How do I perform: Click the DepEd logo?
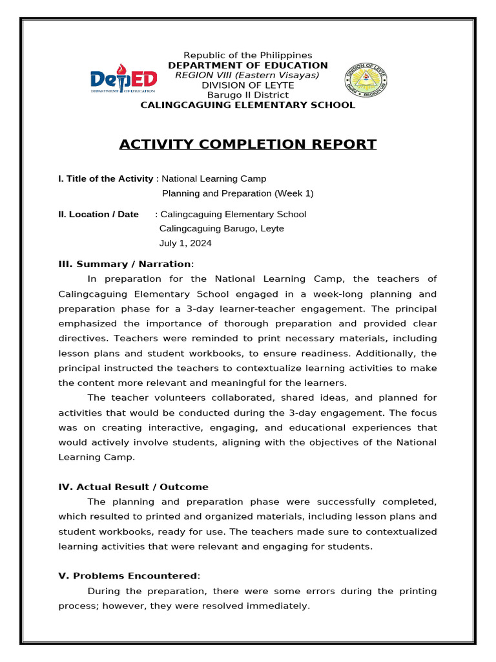pyautogui.click(x=123, y=80)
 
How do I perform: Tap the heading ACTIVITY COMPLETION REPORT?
pyautogui.click(x=248, y=144)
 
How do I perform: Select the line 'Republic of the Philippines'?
pyautogui.click(x=248, y=56)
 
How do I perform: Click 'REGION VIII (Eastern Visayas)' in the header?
pyautogui.click(x=248, y=75)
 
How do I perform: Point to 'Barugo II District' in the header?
pyautogui.click(x=248, y=95)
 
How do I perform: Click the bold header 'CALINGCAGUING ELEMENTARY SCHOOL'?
pyautogui.click(x=248, y=105)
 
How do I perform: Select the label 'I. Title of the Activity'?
pyautogui.click(x=105, y=178)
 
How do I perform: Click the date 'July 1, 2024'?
pyautogui.click(x=185, y=244)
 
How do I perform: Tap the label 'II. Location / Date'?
pyautogui.click(x=98, y=214)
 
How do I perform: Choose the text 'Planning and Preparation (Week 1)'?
pyautogui.click(x=238, y=193)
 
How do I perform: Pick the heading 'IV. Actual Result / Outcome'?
pyautogui.click(x=133, y=487)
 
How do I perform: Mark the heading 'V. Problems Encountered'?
pyautogui.click(x=128, y=576)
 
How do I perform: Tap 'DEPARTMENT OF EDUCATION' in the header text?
pyautogui.click(x=248, y=65)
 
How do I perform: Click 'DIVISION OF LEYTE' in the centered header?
pyautogui.click(x=248, y=85)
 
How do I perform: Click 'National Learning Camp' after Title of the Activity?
pyautogui.click(x=214, y=178)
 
